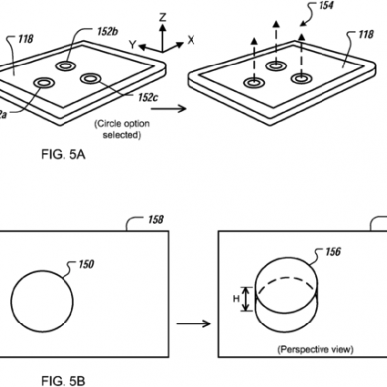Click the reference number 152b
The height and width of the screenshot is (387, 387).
(108, 32)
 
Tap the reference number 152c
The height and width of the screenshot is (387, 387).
(148, 97)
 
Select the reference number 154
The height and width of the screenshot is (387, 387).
(325, 6)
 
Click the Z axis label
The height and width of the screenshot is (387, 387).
(162, 17)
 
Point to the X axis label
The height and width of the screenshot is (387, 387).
(191, 40)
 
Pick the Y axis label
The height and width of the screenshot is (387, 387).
(133, 45)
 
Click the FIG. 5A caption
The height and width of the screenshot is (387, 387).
(64, 154)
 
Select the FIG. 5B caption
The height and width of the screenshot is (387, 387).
(64, 381)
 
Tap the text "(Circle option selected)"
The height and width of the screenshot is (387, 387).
(122, 129)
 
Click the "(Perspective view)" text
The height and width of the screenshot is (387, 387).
(316, 349)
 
